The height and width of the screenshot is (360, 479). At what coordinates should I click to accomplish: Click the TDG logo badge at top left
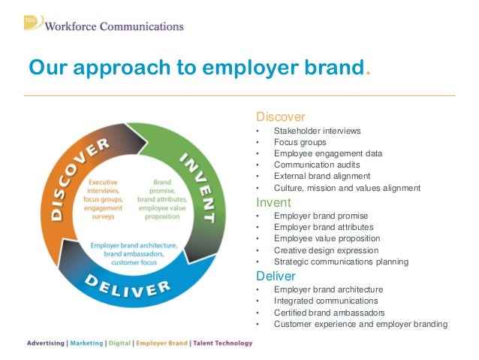pos(31,22)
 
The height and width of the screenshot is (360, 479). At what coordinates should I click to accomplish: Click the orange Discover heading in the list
pos(281,117)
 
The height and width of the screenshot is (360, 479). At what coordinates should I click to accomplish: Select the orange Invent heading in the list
pos(274,202)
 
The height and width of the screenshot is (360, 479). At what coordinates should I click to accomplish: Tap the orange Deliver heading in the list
pos(277,276)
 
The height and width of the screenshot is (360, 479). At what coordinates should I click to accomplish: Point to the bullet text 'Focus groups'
pos(300,142)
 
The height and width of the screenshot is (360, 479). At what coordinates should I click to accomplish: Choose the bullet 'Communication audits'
pos(317,165)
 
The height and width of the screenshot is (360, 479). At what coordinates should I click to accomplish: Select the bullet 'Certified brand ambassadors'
pos(330,313)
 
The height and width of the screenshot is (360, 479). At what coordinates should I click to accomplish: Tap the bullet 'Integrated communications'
pos(326,301)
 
